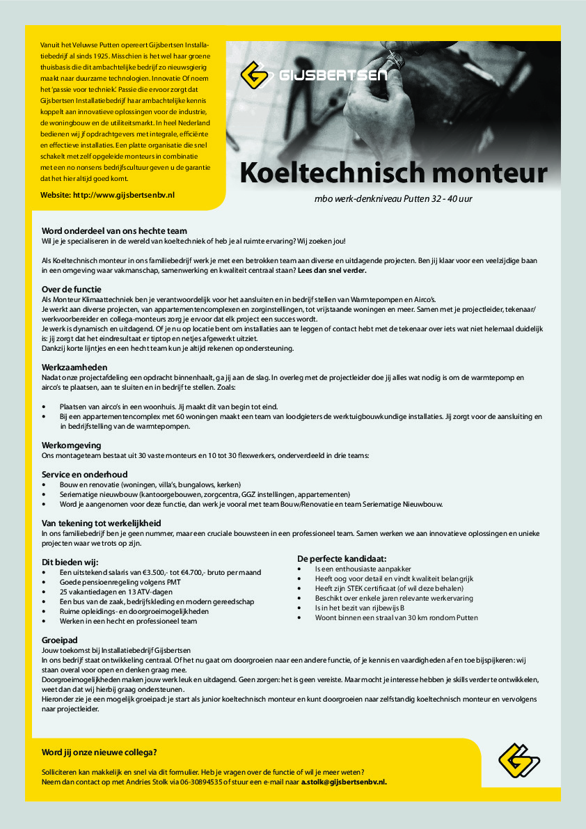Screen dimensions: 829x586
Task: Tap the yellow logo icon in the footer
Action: point(519,760)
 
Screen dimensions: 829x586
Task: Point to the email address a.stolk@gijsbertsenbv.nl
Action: point(343,782)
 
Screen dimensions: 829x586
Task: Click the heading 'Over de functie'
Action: point(72,289)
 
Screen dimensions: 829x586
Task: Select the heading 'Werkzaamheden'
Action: point(74,366)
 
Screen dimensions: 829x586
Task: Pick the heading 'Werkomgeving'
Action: point(72,445)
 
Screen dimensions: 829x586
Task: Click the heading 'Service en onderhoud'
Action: point(85,475)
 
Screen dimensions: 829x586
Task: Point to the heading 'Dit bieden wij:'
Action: point(70,562)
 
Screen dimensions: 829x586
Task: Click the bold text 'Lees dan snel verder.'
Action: point(332,270)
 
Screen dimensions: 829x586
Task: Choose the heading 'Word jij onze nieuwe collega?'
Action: point(100,752)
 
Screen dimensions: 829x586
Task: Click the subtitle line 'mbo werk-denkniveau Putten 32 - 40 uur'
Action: point(393,199)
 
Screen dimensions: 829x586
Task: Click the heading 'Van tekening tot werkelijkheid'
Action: point(101,523)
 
